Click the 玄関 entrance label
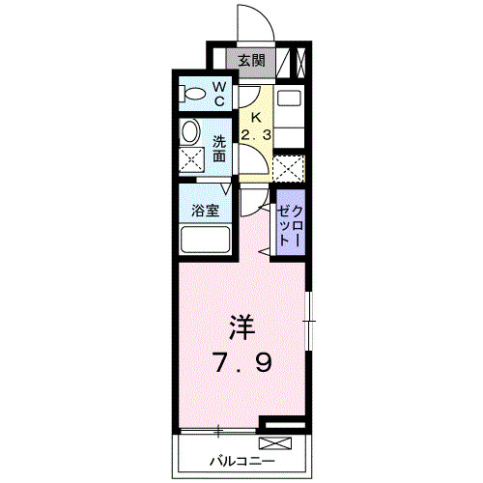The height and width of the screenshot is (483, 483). pyautogui.click(x=252, y=60)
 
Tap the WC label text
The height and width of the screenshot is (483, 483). pyautogui.click(x=219, y=94)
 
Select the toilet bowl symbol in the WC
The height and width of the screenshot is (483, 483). pyautogui.click(x=193, y=95)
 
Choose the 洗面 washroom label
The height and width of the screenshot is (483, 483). pyautogui.click(x=219, y=147)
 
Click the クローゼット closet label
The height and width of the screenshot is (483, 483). pyautogui.click(x=290, y=225)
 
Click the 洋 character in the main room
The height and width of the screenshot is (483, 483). pyautogui.click(x=241, y=327)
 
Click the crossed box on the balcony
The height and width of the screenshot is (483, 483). pyautogui.click(x=274, y=444)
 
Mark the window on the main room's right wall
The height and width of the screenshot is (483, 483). pyautogui.click(x=309, y=319)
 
